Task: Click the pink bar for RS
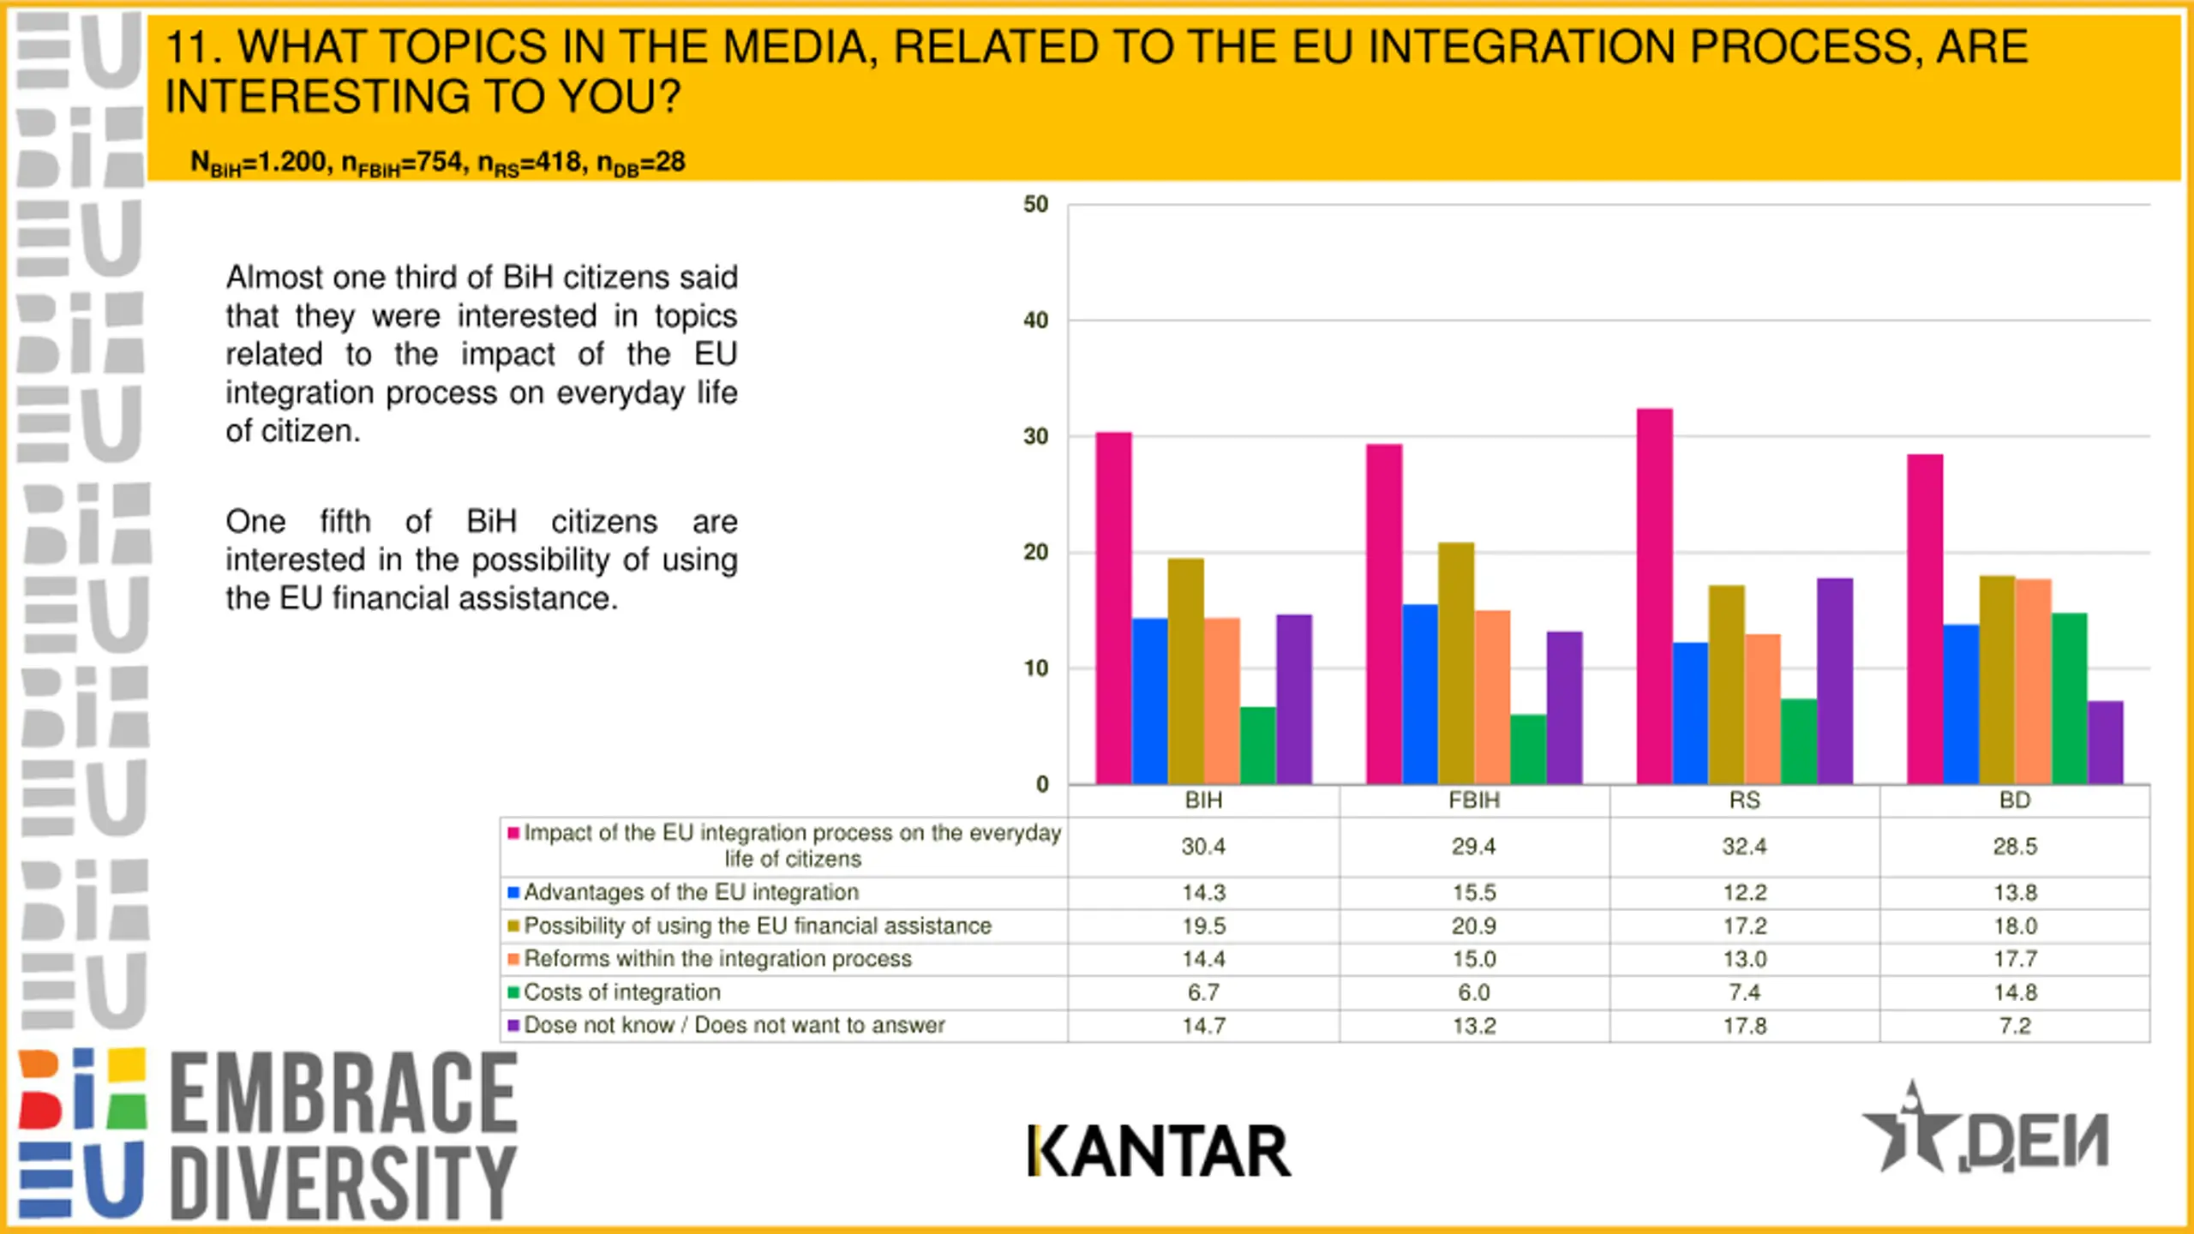pos(1654,596)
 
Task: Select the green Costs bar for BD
pos(2069,698)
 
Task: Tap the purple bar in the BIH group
pos(1293,699)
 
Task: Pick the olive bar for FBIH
pos(1456,663)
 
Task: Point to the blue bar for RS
pos(1690,713)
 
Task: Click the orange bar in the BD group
pos(2033,681)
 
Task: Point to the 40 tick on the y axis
pos(1035,320)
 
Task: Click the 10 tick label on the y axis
pos(1035,668)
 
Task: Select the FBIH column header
pos(1474,800)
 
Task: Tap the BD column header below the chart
pos(2015,800)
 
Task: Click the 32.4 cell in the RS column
pos(1744,847)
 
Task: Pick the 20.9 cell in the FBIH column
pos(1474,925)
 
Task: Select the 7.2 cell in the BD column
pos(2015,1026)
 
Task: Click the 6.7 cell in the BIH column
pos(1203,992)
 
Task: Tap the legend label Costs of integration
pos(622,992)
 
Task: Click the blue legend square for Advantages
pos(513,892)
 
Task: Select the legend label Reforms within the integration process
pos(717,959)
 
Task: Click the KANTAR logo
pos(1159,1151)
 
